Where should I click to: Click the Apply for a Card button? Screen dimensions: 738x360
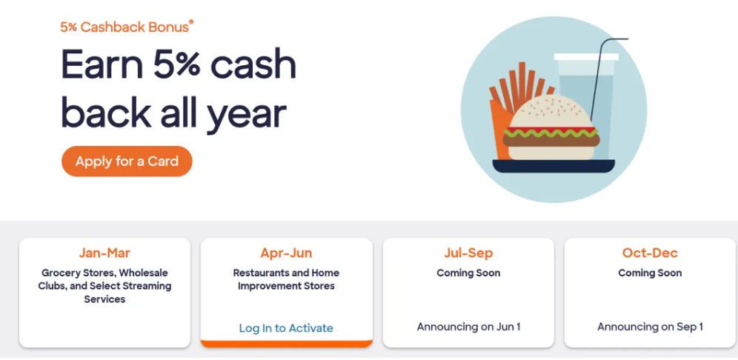click(x=127, y=161)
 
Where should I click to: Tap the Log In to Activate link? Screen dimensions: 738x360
click(x=286, y=328)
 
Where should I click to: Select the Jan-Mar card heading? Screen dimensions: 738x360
click(x=104, y=253)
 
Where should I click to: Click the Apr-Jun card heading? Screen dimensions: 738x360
click(x=286, y=253)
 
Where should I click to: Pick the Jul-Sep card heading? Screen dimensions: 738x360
click(x=468, y=253)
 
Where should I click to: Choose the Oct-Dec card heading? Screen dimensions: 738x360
click(x=650, y=253)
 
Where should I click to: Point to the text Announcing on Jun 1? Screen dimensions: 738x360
click(x=468, y=327)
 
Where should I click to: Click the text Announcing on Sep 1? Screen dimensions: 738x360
click(x=650, y=327)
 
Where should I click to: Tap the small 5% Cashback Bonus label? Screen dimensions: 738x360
click(x=127, y=27)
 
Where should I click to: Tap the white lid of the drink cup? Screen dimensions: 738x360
click(x=586, y=57)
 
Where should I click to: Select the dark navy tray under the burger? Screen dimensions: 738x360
click(x=553, y=166)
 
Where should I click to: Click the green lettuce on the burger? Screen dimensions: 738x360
click(x=551, y=133)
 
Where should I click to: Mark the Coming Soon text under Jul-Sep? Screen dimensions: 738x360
click(x=468, y=273)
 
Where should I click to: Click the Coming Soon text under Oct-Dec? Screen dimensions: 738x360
click(x=650, y=273)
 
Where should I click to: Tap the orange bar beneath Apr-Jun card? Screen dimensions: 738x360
click(x=286, y=344)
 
